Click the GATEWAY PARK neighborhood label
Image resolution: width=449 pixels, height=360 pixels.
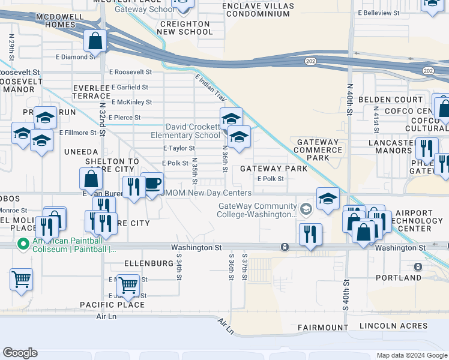tap(274, 169)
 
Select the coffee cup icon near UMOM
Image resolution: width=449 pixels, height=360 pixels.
tap(152, 183)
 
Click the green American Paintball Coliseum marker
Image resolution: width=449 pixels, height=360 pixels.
tap(23, 244)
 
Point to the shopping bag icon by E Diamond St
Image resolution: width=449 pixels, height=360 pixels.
tap(95, 41)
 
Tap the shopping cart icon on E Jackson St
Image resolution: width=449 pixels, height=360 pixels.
tap(128, 284)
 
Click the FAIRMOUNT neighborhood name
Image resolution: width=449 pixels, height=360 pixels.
tap(322, 328)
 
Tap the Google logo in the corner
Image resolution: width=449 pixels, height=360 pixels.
tap(20, 352)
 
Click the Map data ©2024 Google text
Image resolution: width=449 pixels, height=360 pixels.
tap(411, 355)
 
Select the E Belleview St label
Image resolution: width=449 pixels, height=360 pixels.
tap(379, 13)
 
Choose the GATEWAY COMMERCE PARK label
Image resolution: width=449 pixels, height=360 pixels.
tap(318, 150)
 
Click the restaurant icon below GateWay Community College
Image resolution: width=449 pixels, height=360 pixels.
tap(310, 233)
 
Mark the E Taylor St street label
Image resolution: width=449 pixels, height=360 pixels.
tap(179, 148)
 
